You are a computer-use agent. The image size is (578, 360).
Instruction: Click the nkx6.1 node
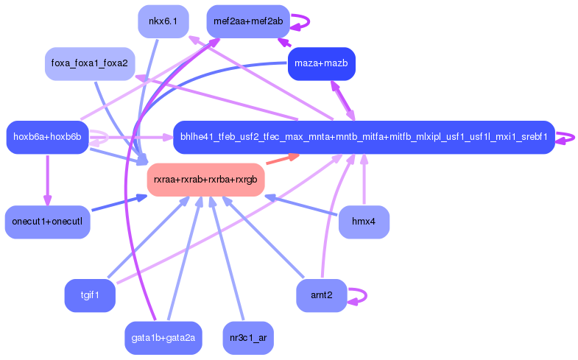click(x=163, y=21)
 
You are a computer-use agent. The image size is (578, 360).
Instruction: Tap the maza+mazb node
click(x=321, y=64)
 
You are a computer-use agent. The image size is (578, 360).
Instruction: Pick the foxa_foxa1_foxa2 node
click(x=89, y=64)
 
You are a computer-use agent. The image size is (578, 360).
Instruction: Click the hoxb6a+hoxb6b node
click(x=47, y=137)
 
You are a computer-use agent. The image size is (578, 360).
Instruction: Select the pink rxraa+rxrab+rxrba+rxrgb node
click(x=205, y=180)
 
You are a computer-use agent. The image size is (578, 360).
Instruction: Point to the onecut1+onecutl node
click(x=47, y=222)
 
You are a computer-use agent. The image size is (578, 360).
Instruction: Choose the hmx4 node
click(x=364, y=222)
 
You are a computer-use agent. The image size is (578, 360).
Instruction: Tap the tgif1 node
click(x=90, y=296)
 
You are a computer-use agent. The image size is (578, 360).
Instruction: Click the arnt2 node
click(x=321, y=296)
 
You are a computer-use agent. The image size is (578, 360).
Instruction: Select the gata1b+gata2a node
click(x=163, y=338)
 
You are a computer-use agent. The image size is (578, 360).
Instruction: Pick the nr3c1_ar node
click(x=247, y=338)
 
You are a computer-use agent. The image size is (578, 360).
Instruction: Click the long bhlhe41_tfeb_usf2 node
click(x=364, y=137)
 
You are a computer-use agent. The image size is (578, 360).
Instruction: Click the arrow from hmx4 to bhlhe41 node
click(x=364, y=180)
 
